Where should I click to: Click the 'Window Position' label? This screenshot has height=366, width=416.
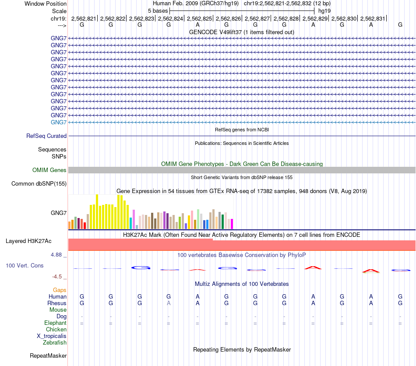(46, 4)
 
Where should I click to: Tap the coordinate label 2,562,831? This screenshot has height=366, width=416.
(373, 18)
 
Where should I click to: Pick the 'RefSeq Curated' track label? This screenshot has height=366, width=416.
(46, 136)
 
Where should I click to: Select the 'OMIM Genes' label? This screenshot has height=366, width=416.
(49, 170)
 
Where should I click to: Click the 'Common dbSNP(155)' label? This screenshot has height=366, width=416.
(39, 184)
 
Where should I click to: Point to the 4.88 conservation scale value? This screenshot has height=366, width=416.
(59, 255)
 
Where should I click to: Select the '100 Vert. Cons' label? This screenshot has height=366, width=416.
(25, 266)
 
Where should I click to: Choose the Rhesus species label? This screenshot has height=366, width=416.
(57, 303)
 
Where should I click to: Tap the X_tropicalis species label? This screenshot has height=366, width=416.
(52, 336)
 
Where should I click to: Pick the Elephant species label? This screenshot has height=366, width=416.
(55, 323)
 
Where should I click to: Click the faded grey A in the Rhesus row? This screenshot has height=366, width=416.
(169, 303)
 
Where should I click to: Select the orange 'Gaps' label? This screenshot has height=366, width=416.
(60, 290)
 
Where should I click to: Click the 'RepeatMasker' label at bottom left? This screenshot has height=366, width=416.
(48, 356)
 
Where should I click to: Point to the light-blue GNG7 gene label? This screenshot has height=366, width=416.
(59, 122)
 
